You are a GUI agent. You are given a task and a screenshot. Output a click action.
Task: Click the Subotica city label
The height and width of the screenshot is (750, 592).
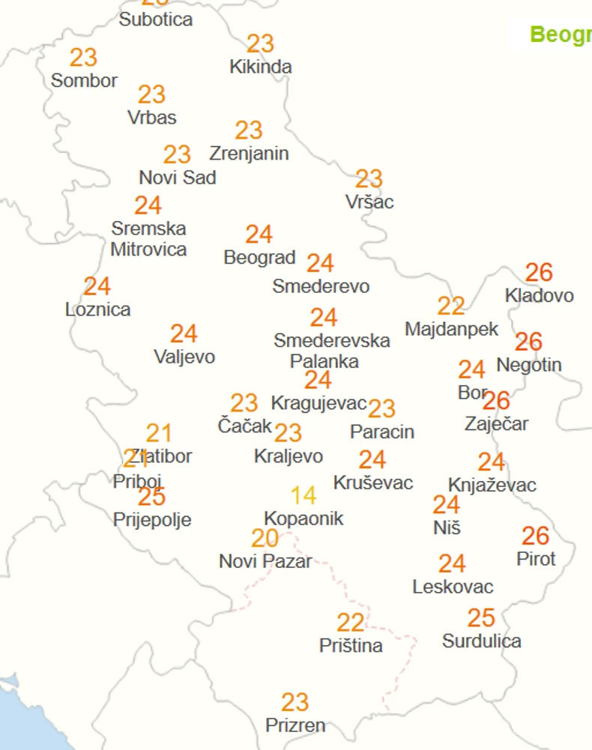(156, 19)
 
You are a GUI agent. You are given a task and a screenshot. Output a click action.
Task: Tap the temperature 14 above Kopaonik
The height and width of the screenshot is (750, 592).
(303, 495)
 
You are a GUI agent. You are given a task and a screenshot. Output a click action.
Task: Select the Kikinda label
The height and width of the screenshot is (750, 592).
(261, 67)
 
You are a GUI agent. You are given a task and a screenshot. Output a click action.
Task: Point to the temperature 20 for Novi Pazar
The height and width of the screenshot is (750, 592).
(265, 538)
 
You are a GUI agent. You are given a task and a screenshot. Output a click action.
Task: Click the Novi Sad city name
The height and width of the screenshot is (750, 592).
(178, 178)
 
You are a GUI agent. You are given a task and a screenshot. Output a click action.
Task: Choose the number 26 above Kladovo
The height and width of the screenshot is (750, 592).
(539, 272)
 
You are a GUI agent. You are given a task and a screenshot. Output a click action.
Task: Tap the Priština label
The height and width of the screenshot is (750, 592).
(351, 645)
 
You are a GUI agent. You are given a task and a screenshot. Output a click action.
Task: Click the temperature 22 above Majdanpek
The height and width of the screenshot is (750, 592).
(451, 306)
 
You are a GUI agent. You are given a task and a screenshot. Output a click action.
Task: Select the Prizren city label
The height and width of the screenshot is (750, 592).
(295, 725)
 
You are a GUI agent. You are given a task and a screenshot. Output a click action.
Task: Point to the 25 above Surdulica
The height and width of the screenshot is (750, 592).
(481, 618)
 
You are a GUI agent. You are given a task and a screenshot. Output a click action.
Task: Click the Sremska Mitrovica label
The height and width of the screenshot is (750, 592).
(148, 238)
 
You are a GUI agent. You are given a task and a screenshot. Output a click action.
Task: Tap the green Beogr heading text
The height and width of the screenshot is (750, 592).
(561, 35)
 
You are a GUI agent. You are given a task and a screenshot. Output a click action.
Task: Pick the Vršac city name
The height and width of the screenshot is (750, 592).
(369, 202)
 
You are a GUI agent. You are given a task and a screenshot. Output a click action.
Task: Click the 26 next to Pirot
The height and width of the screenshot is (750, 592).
(536, 536)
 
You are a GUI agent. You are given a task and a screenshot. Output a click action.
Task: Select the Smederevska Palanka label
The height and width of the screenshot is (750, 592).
(331, 351)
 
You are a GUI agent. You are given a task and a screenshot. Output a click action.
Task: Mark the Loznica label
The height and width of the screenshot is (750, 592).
(97, 309)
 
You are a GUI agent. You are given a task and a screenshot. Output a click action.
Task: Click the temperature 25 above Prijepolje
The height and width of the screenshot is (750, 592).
(151, 496)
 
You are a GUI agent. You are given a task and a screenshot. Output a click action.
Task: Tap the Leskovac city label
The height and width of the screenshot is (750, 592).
(453, 587)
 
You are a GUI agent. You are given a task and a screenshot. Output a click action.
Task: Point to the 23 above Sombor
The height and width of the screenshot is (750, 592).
(84, 57)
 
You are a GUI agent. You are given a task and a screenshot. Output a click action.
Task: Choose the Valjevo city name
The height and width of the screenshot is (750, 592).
(184, 357)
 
